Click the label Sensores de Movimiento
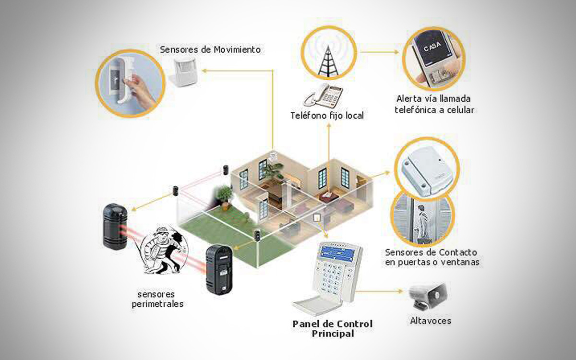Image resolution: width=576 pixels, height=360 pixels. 210,49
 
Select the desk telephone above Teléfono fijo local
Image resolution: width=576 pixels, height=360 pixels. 323,96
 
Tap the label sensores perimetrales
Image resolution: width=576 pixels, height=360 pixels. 157,299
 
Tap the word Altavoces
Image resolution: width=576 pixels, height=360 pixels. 431,320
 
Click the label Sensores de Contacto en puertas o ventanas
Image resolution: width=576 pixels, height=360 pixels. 432,257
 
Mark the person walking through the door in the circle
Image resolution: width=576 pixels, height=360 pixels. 421,221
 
